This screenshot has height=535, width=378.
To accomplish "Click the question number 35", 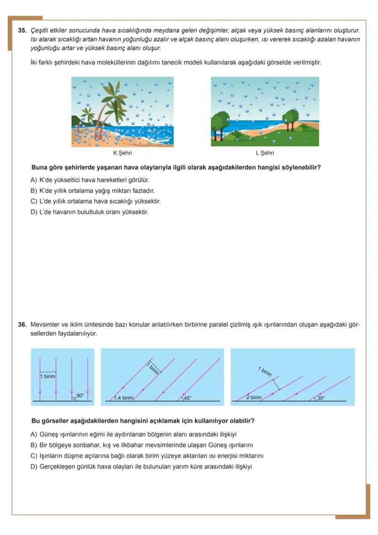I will (x=22, y=31).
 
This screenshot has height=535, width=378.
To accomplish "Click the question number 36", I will (x=22, y=325).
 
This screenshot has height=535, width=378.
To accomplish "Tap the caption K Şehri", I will (x=122, y=154).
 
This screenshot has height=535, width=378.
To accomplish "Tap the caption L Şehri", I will (x=265, y=154).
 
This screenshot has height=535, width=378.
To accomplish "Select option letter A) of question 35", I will (x=34, y=180).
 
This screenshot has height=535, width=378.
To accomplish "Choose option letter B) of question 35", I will (x=34, y=191).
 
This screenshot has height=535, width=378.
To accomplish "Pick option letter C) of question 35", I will (x=34, y=201).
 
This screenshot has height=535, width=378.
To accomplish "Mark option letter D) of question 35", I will (x=34, y=212).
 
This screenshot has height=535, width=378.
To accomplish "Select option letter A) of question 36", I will (x=34, y=434).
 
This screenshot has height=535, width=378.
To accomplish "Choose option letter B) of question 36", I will (x=34, y=445).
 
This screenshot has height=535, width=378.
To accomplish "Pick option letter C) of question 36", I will (x=34, y=456).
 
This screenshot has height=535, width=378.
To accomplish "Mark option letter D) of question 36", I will (x=34, y=466).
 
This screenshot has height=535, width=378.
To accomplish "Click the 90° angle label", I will (x=80, y=396).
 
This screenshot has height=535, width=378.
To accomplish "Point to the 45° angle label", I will (x=187, y=398).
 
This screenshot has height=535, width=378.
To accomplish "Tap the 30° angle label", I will (x=321, y=398).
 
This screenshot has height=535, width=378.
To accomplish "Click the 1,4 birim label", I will (x=123, y=398).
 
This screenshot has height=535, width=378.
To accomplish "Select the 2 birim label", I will (x=254, y=397).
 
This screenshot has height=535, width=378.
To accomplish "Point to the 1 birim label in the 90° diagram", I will (x=47, y=376).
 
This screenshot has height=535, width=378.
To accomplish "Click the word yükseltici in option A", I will (x=68, y=180).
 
